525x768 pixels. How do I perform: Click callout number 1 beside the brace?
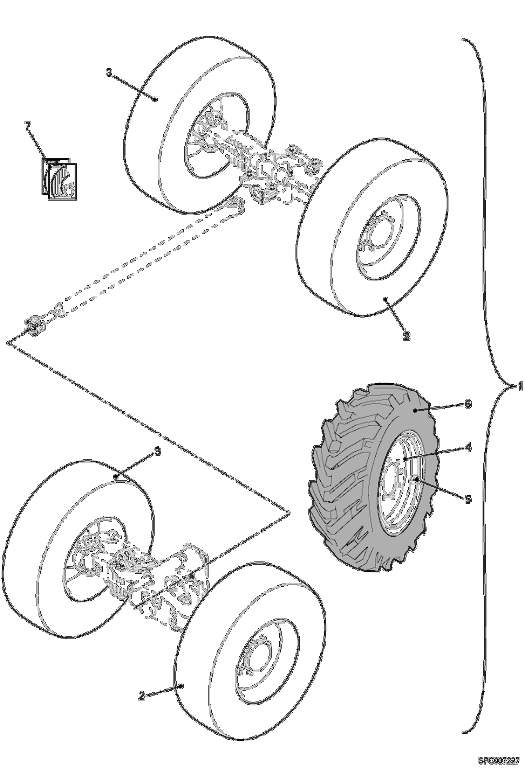point(520,386)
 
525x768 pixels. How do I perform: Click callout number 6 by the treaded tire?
point(468,404)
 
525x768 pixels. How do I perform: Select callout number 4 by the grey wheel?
point(468,448)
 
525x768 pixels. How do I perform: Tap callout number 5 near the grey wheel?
point(468,499)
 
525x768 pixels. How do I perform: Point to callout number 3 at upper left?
point(109,73)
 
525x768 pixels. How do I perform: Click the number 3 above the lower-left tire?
point(158,452)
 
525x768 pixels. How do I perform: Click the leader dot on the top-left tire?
point(155,99)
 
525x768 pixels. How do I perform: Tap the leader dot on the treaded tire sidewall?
point(415,411)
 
